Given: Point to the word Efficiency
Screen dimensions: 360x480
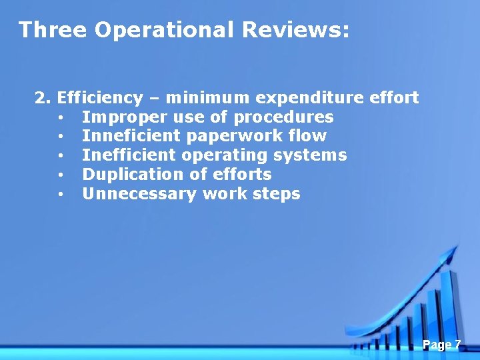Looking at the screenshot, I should coord(100,99).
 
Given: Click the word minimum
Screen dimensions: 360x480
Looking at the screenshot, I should coord(208,98).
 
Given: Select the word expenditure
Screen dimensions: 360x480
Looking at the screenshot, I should coord(310,99).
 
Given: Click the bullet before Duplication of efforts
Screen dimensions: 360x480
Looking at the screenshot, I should coord(61,175).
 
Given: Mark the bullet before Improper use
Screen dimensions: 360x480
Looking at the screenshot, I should coord(61,118).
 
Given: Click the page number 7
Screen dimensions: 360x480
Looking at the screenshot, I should coord(457,344).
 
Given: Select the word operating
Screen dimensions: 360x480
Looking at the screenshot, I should coord(231,156).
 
